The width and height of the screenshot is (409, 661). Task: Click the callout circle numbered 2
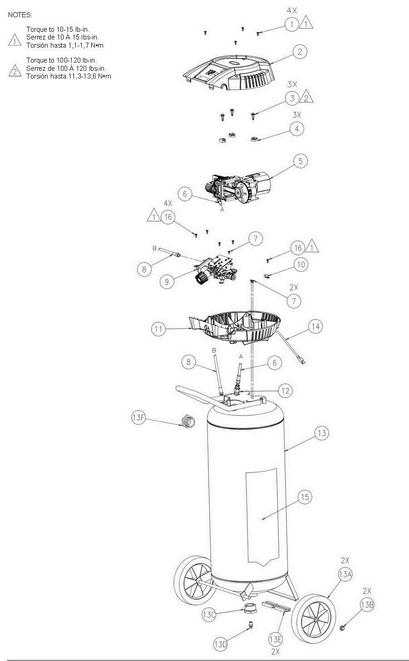300,52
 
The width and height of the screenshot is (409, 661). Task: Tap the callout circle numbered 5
301,161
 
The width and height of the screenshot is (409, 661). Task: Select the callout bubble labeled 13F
138,418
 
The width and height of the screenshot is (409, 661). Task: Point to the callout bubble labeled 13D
221,644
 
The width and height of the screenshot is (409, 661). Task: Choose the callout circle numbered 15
305,497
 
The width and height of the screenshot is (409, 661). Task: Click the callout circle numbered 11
158,329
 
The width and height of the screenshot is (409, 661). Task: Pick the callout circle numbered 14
315,327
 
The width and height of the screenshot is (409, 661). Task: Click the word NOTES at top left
20,15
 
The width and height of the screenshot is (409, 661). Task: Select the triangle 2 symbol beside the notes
15,71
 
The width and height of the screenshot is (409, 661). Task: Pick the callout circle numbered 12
285,391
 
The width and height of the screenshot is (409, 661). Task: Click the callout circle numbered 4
297,129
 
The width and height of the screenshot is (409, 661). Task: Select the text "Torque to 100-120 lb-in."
61,60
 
